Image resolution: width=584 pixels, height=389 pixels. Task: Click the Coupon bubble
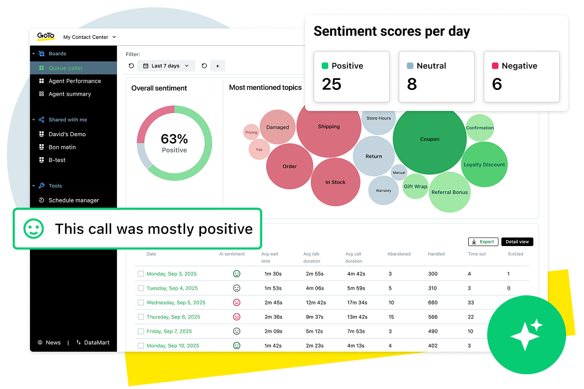coord(429,139)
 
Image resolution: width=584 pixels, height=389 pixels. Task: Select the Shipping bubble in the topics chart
coord(329,127)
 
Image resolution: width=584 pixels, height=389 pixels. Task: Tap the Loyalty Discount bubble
coord(484,165)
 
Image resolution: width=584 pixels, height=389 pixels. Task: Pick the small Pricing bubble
coord(251,132)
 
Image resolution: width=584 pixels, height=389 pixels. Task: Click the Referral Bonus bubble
coord(449,192)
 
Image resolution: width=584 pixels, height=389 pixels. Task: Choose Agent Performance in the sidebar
coord(75,81)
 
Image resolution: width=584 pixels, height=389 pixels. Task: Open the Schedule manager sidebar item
coord(74,200)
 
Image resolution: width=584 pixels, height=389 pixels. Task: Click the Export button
coord(483,242)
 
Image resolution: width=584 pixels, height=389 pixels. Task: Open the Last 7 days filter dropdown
coord(166,66)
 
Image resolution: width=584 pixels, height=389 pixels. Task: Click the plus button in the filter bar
coord(217,66)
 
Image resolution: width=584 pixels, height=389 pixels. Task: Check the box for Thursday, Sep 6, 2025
coord(140,317)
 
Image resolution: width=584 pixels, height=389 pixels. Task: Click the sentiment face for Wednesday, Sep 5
coord(237,303)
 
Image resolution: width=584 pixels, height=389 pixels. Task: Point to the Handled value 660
coord(433,303)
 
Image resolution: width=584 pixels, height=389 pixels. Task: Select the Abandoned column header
coord(399,254)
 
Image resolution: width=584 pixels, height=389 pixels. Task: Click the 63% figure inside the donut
coord(174,139)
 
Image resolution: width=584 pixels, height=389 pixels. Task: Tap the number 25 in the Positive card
coord(331,84)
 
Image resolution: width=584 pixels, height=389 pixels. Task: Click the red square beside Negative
coord(495,66)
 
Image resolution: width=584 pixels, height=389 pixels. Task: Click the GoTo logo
coord(46,36)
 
